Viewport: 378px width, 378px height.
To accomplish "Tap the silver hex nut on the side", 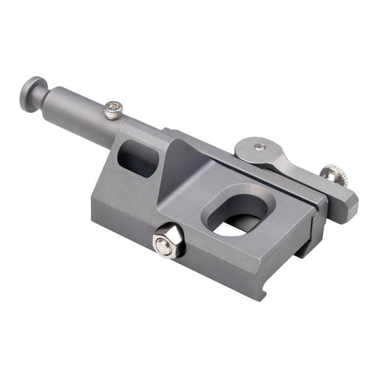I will point(169,241).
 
